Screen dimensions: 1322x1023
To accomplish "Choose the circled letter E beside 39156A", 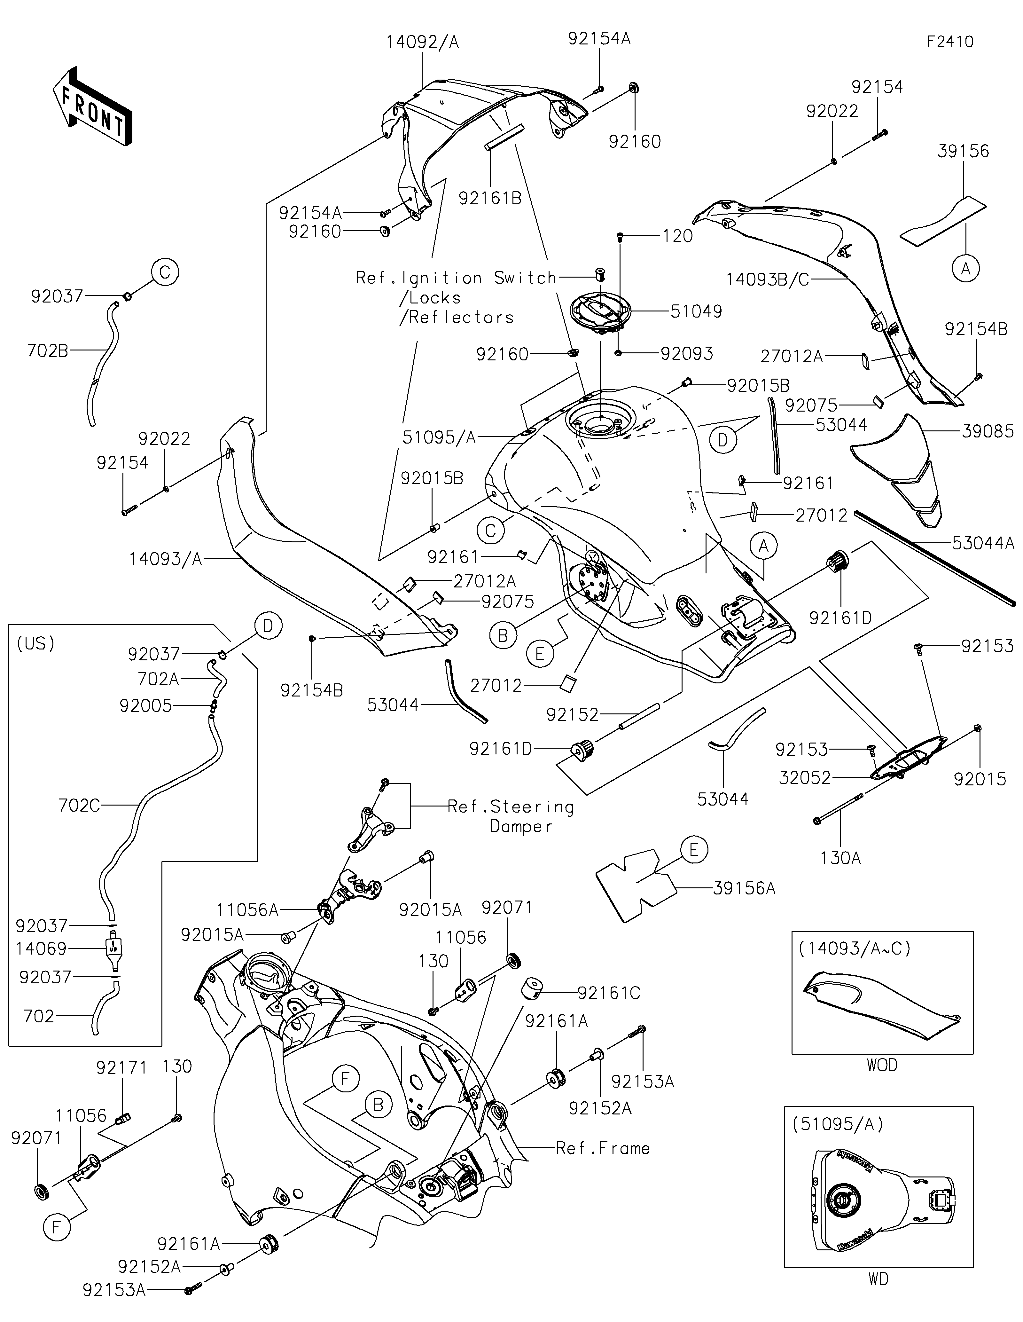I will pos(693,850).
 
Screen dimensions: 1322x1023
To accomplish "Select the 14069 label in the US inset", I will pos(41,948).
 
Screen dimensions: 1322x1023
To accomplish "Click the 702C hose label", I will pos(79,806).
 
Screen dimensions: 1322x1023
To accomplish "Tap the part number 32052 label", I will pos(805,778).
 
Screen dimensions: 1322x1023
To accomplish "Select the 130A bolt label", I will pos(840,858).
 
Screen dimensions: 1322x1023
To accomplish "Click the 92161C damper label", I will pos(609,993).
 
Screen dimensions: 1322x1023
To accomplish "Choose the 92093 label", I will pos(687,354).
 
